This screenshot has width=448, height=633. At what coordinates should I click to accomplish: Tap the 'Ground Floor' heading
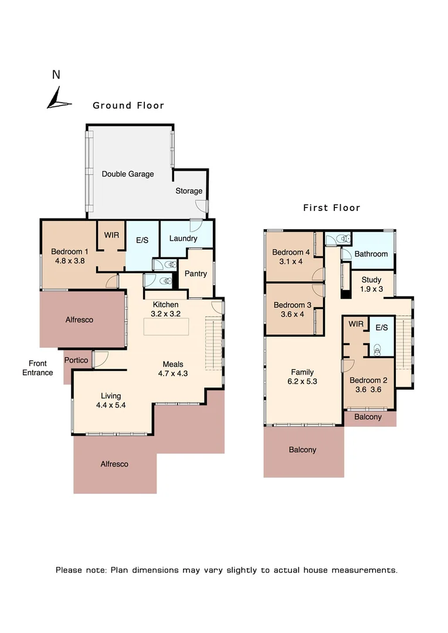[x=128, y=105]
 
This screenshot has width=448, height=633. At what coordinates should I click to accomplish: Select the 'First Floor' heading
[x=331, y=207]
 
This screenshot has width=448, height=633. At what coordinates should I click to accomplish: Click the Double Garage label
[x=128, y=174]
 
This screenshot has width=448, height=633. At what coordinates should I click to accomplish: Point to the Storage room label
[x=189, y=191]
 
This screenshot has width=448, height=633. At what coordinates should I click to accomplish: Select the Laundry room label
[x=183, y=239]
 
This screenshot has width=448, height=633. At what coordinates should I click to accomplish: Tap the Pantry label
[x=195, y=274]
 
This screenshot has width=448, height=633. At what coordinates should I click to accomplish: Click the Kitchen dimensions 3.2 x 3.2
[x=166, y=314]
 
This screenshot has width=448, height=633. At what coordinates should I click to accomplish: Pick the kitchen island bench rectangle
[x=167, y=327]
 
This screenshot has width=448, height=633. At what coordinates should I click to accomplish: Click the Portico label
[x=76, y=360]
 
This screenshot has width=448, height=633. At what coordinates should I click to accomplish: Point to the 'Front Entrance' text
[x=38, y=368]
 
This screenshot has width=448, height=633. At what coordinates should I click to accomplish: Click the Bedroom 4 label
[x=291, y=253]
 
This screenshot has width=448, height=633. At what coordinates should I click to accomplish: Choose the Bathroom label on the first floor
[x=371, y=254]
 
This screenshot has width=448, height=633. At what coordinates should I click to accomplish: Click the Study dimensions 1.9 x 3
[x=371, y=288]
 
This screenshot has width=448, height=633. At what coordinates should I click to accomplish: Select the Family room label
[x=303, y=372]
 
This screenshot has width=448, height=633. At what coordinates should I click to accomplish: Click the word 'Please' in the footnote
[x=69, y=570]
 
